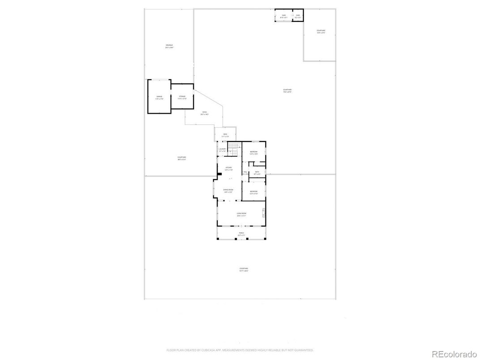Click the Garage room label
(159, 97)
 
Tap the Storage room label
(182, 97)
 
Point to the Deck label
(225, 135)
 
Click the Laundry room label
(223, 150)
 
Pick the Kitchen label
(228, 169)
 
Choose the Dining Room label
(228, 191)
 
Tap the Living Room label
(241, 214)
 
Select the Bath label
(257, 172)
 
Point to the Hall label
(245, 173)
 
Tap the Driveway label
(169, 47)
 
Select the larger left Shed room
(283, 16)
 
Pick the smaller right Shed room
(298, 16)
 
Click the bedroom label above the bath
(253, 153)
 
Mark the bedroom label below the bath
(253, 193)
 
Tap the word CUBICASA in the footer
(206, 350)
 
